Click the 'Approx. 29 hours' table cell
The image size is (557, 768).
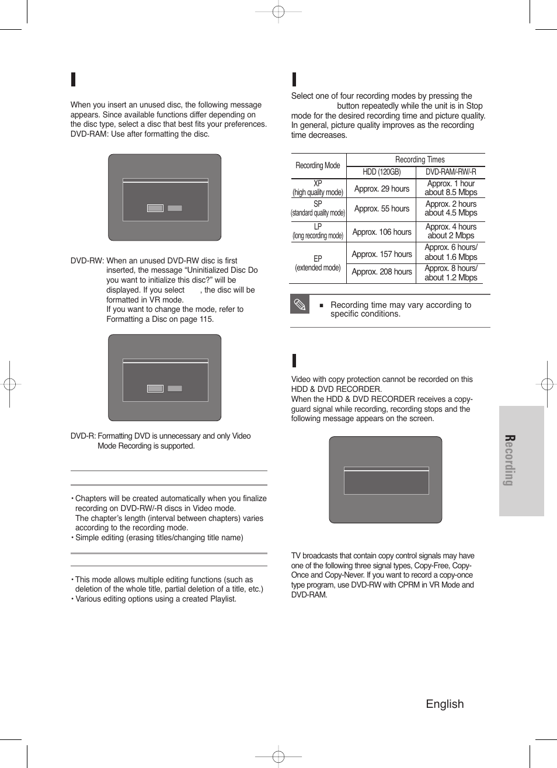381,189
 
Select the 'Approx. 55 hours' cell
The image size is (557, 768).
381,208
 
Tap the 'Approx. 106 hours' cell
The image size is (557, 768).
381,232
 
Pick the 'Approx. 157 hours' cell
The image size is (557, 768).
381,254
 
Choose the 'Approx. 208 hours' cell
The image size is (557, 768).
381,272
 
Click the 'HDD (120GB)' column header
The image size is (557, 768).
381,172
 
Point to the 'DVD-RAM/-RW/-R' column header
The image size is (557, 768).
450,172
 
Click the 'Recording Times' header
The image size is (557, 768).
419,160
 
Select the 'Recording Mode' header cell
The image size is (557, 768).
318,166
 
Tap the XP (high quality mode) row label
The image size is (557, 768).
318,188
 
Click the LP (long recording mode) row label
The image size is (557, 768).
318,231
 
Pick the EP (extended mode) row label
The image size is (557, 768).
318,263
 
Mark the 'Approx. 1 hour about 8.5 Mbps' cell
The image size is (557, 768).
450,188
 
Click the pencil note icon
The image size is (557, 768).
300,304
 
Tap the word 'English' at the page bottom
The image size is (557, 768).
444,704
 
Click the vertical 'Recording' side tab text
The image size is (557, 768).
509,460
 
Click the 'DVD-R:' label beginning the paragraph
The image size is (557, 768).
83,436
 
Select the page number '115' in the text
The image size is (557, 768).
206,319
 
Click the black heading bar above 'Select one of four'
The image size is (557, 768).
294,79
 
